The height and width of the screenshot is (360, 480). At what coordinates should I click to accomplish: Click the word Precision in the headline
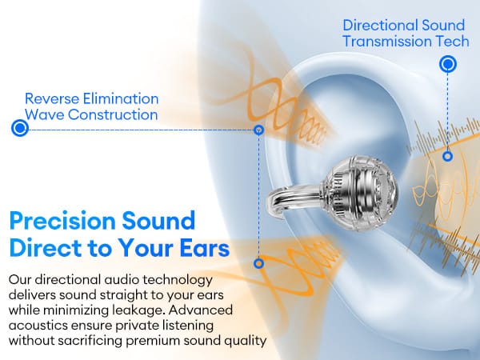(x=62, y=221)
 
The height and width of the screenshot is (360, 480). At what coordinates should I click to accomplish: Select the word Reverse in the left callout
(x=52, y=98)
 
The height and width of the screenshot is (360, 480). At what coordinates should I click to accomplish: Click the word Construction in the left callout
(x=113, y=114)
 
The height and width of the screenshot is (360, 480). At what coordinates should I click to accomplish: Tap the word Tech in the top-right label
(x=453, y=42)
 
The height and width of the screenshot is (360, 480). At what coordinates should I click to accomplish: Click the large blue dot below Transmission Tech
(x=448, y=64)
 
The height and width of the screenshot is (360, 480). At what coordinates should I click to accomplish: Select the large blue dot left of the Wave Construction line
(x=20, y=128)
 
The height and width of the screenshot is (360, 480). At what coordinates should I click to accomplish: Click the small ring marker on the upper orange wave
(x=259, y=130)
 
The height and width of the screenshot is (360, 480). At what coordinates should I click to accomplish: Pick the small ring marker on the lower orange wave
(x=259, y=263)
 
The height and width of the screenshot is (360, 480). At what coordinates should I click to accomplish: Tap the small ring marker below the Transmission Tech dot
(x=447, y=157)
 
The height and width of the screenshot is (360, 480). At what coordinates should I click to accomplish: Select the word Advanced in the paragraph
(x=201, y=310)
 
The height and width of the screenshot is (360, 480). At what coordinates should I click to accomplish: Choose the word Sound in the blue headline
(x=158, y=221)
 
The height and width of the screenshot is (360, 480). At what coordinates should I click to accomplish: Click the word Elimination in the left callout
(x=121, y=98)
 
